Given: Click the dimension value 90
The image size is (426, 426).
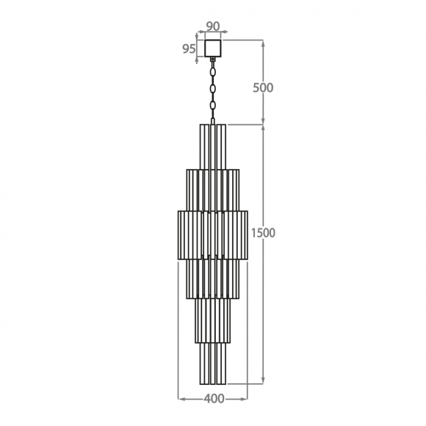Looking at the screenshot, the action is point(213,26).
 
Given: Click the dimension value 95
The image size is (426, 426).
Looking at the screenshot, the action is point(189,49).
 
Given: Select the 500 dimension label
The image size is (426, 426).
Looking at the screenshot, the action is point(263,87).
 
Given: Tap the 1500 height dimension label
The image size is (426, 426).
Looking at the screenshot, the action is point(263,233).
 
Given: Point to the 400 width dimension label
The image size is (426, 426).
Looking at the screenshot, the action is point(214,399).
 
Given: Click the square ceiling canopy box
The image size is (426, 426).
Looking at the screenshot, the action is point(213,48).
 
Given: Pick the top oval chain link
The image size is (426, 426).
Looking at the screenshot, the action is point(213,73).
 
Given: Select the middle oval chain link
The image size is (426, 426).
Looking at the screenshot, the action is point(213,89).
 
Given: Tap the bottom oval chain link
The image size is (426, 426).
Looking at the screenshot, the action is point(213,106).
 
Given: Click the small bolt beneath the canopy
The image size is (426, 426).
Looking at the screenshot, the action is point(213,59).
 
